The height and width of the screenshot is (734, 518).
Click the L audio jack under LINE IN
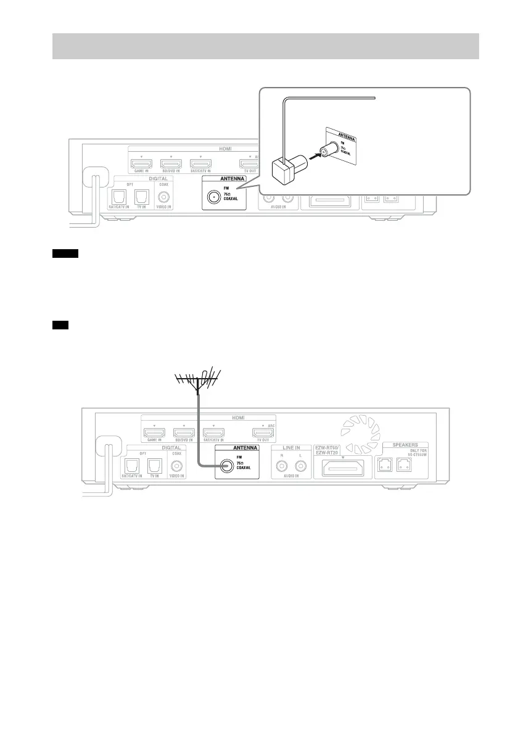tap(300, 467)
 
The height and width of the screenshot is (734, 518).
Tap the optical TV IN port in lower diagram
tap(154, 466)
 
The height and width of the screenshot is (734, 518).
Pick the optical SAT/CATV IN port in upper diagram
tap(118, 196)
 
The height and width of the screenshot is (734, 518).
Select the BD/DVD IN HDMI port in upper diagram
tap(171, 164)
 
